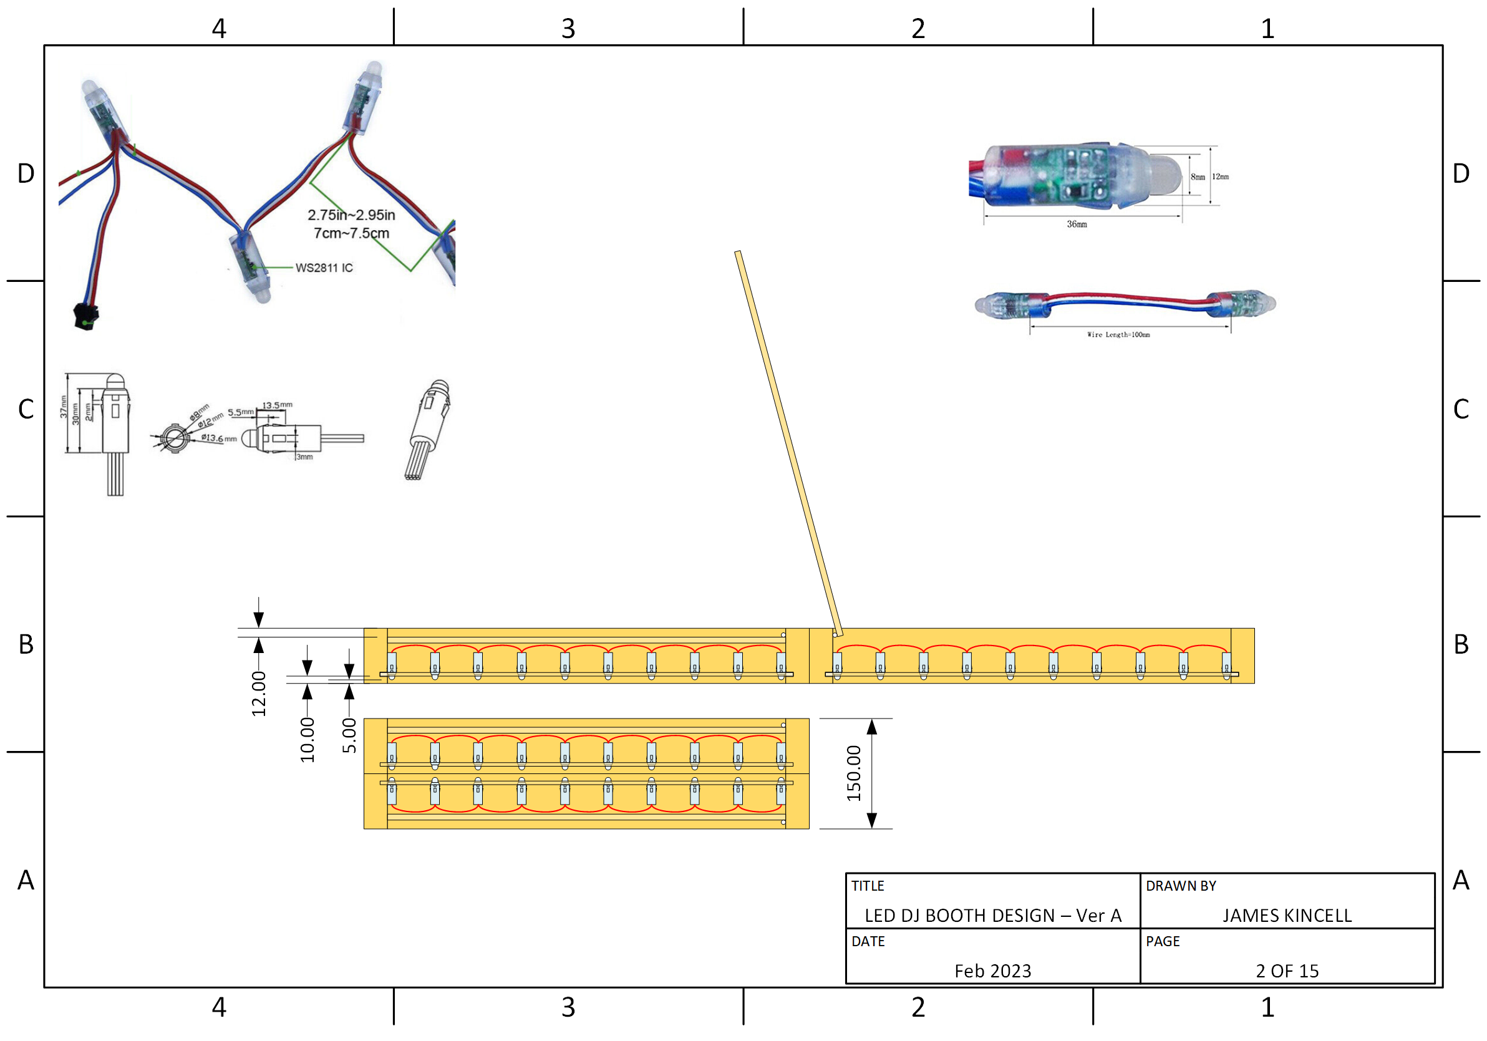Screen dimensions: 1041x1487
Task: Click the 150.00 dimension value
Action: (x=855, y=773)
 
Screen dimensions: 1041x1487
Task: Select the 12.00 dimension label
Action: (x=259, y=694)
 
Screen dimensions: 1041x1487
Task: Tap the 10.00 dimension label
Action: (x=308, y=740)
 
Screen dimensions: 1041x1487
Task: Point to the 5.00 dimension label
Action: (x=349, y=736)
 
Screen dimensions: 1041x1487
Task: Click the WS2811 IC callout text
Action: (x=324, y=268)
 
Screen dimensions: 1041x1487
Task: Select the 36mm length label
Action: (x=1077, y=225)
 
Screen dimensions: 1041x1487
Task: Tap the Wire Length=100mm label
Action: (x=1118, y=335)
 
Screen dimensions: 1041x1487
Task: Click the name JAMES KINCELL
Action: (x=1287, y=916)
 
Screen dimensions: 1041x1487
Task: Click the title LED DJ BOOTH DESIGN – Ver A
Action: (x=993, y=916)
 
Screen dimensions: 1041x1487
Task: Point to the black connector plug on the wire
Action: (x=85, y=317)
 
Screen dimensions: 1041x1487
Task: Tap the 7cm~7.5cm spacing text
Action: (x=352, y=233)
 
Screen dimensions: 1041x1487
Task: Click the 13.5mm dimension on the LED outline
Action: (x=277, y=405)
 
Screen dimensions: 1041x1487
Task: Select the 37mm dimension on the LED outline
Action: (x=64, y=407)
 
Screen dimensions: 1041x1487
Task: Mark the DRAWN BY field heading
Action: (x=1181, y=886)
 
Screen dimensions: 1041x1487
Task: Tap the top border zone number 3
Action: (x=568, y=29)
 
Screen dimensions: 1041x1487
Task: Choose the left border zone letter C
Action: (x=26, y=409)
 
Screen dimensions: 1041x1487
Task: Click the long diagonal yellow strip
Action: (x=789, y=443)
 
